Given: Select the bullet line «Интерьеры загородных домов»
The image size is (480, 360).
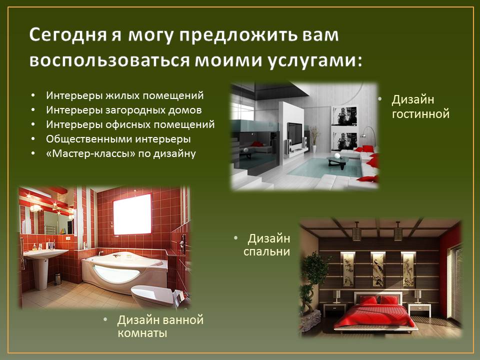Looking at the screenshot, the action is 123,110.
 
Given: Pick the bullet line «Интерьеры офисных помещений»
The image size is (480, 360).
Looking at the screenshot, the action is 130,124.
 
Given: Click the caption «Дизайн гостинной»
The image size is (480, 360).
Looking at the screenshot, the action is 420,106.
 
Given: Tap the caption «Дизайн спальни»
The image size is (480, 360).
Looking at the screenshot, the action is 266,244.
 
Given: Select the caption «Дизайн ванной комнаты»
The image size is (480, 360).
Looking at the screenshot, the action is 160,326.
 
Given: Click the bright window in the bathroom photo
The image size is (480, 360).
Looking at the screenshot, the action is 132,214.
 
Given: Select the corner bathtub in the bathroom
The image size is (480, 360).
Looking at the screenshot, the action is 124,271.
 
